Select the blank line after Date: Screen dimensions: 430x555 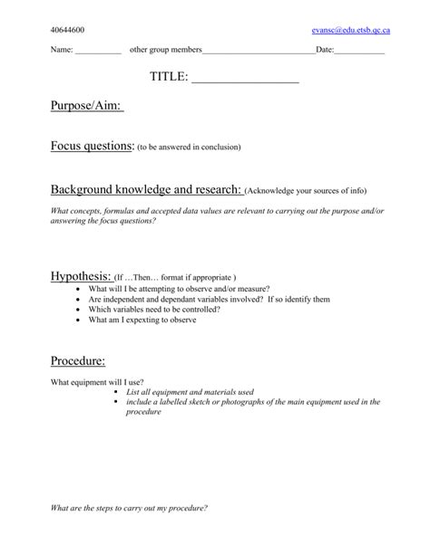pos(359,52)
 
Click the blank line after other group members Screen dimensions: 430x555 pos(259,52)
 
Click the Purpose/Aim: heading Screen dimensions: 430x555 pos(86,108)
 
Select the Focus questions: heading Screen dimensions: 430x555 pos(92,145)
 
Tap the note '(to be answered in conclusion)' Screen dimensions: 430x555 pos(189,147)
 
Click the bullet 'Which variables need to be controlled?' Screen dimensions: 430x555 pos(154,309)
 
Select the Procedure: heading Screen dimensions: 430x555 pos(78,361)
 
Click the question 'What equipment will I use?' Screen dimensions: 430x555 pos(97,381)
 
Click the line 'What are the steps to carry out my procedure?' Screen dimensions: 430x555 pos(129,508)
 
